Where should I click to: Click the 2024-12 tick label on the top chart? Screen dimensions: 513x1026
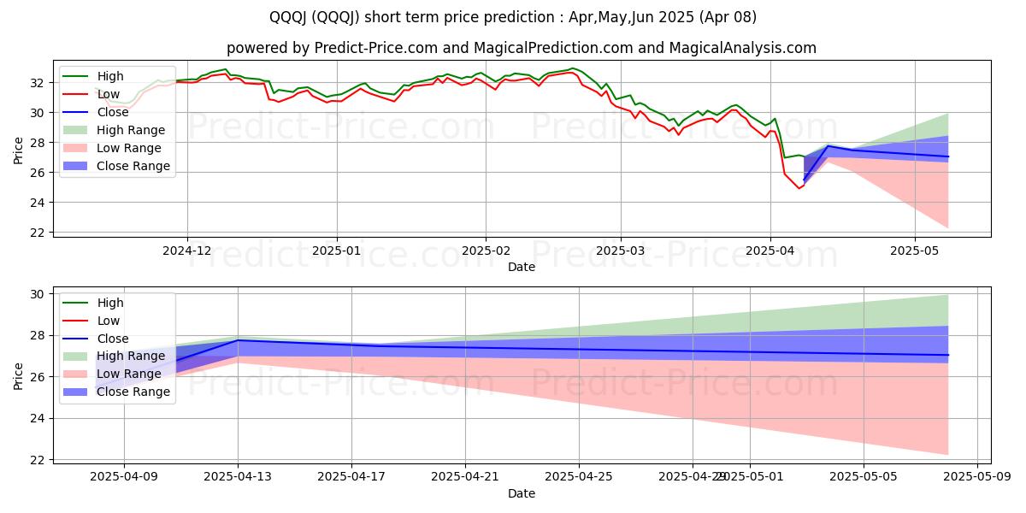tap(186, 251)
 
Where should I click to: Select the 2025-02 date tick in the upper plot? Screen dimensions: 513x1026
tap(486, 251)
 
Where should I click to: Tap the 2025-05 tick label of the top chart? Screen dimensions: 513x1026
tap(915, 251)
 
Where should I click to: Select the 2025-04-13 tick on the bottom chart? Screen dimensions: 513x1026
tap(238, 477)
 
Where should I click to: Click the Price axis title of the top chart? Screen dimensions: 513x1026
tap(20, 148)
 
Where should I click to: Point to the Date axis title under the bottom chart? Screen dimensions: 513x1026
tap(522, 493)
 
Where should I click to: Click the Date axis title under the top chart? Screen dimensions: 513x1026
tap(522, 267)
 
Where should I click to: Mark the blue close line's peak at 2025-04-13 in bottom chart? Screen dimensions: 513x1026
tap(238, 340)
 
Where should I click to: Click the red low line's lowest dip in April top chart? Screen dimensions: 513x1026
tap(799, 188)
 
